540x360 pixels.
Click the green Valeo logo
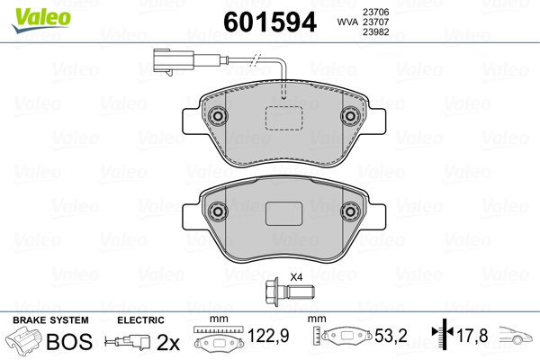41,20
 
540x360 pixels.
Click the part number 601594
270,22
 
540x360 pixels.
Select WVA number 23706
375,12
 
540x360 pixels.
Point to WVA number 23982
375,31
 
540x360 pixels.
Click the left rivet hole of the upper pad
217,116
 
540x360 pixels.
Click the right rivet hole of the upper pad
350,116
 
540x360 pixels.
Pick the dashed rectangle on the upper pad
283,118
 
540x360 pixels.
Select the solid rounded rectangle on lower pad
283,213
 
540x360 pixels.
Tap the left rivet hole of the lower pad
217,211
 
